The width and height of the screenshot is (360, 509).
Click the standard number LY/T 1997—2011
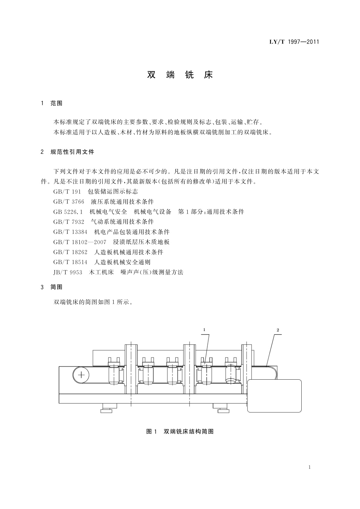click(x=294, y=42)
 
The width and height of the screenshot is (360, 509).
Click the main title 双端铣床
click(x=180, y=75)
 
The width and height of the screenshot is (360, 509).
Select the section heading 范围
click(x=56, y=103)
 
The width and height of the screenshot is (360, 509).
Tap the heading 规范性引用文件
click(x=72, y=152)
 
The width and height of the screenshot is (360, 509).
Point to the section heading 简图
click(x=56, y=287)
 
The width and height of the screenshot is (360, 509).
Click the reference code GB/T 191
click(x=67, y=192)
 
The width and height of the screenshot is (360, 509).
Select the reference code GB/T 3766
click(x=69, y=202)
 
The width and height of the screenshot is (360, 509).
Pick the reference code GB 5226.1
click(x=68, y=212)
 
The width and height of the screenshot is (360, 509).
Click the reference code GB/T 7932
click(x=69, y=222)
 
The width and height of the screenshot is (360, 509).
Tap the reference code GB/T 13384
click(x=70, y=232)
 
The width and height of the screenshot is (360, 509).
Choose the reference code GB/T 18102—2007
click(x=80, y=242)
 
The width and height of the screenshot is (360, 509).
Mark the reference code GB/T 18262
click(x=70, y=252)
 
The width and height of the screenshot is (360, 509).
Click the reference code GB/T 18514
click(x=70, y=262)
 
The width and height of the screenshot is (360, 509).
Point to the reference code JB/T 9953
click(x=68, y=272)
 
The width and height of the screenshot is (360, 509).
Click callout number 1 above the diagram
click(x=204, y=330)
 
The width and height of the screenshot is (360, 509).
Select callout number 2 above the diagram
click(x=277, y=330)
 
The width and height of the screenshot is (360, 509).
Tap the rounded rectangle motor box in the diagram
click(x=274, y=396)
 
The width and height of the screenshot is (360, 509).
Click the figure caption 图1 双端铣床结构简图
click(x=180, y=432)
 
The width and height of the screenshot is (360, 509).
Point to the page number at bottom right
click(x=310, y=467)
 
